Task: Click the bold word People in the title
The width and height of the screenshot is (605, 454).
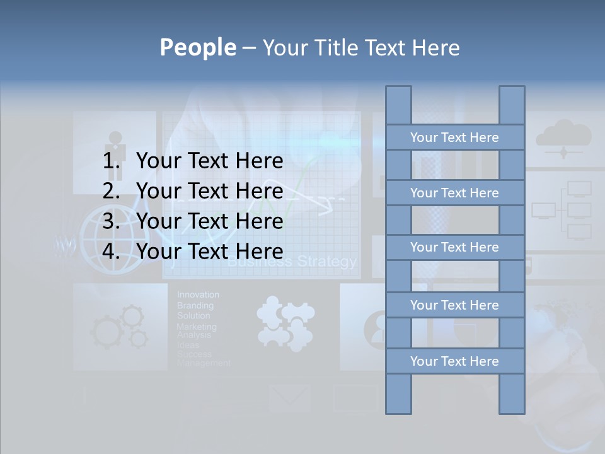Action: pyautogui.click(x=197, y=47)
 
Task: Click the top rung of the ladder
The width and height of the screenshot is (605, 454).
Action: pyautogui.click(x=454, y=137)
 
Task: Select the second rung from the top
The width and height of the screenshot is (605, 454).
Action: pyautogui.click(x=454, y=193)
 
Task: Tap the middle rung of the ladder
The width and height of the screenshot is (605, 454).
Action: pyautogui.click(x=454, y=247)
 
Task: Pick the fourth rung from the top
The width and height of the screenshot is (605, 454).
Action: pyautogui.click(x=454, y=305)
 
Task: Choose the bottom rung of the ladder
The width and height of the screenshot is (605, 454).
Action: pyautogui.click(x=454, y=361)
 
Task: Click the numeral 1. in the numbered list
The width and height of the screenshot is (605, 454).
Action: pyautogui.click(x=112, y=161)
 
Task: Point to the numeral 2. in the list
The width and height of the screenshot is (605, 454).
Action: pyautogui.click(x=112, y=191)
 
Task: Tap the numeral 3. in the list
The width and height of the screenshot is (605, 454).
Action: pyautogui.click(x=112, y=221)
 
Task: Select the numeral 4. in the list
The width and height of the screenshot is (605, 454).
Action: pyautogui.click(x=112, y=252)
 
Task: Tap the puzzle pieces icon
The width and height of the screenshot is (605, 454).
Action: pyautogui.click(x=284, y=323)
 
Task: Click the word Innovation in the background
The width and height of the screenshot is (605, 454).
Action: pyautogui.click(x=198, y=294)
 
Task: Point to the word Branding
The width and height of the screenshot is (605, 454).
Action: pyautogui.click(x=195, y=305)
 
